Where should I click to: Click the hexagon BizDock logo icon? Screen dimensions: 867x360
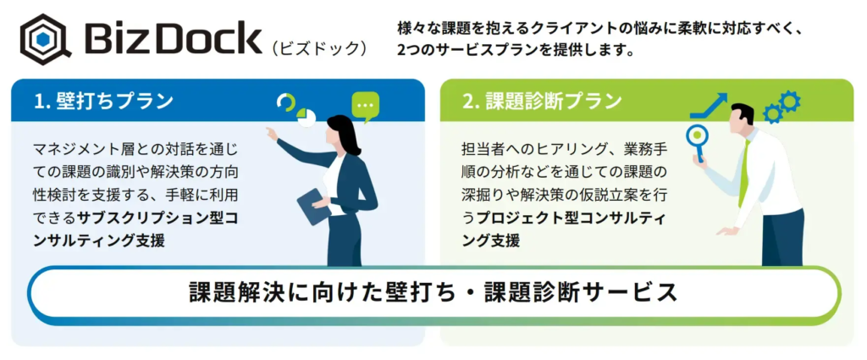point(47,40)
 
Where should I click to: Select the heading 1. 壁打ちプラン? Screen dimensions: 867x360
point(103,101)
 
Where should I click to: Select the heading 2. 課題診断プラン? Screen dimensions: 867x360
point(543,101)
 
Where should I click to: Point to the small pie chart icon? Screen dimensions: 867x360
point(306,118)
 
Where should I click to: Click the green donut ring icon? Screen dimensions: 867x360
point(286,102)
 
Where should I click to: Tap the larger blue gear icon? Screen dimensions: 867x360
point(790,101)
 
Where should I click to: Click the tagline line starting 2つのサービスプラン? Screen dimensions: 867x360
point(514,50)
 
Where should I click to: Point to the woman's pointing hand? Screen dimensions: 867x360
point(271,133)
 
